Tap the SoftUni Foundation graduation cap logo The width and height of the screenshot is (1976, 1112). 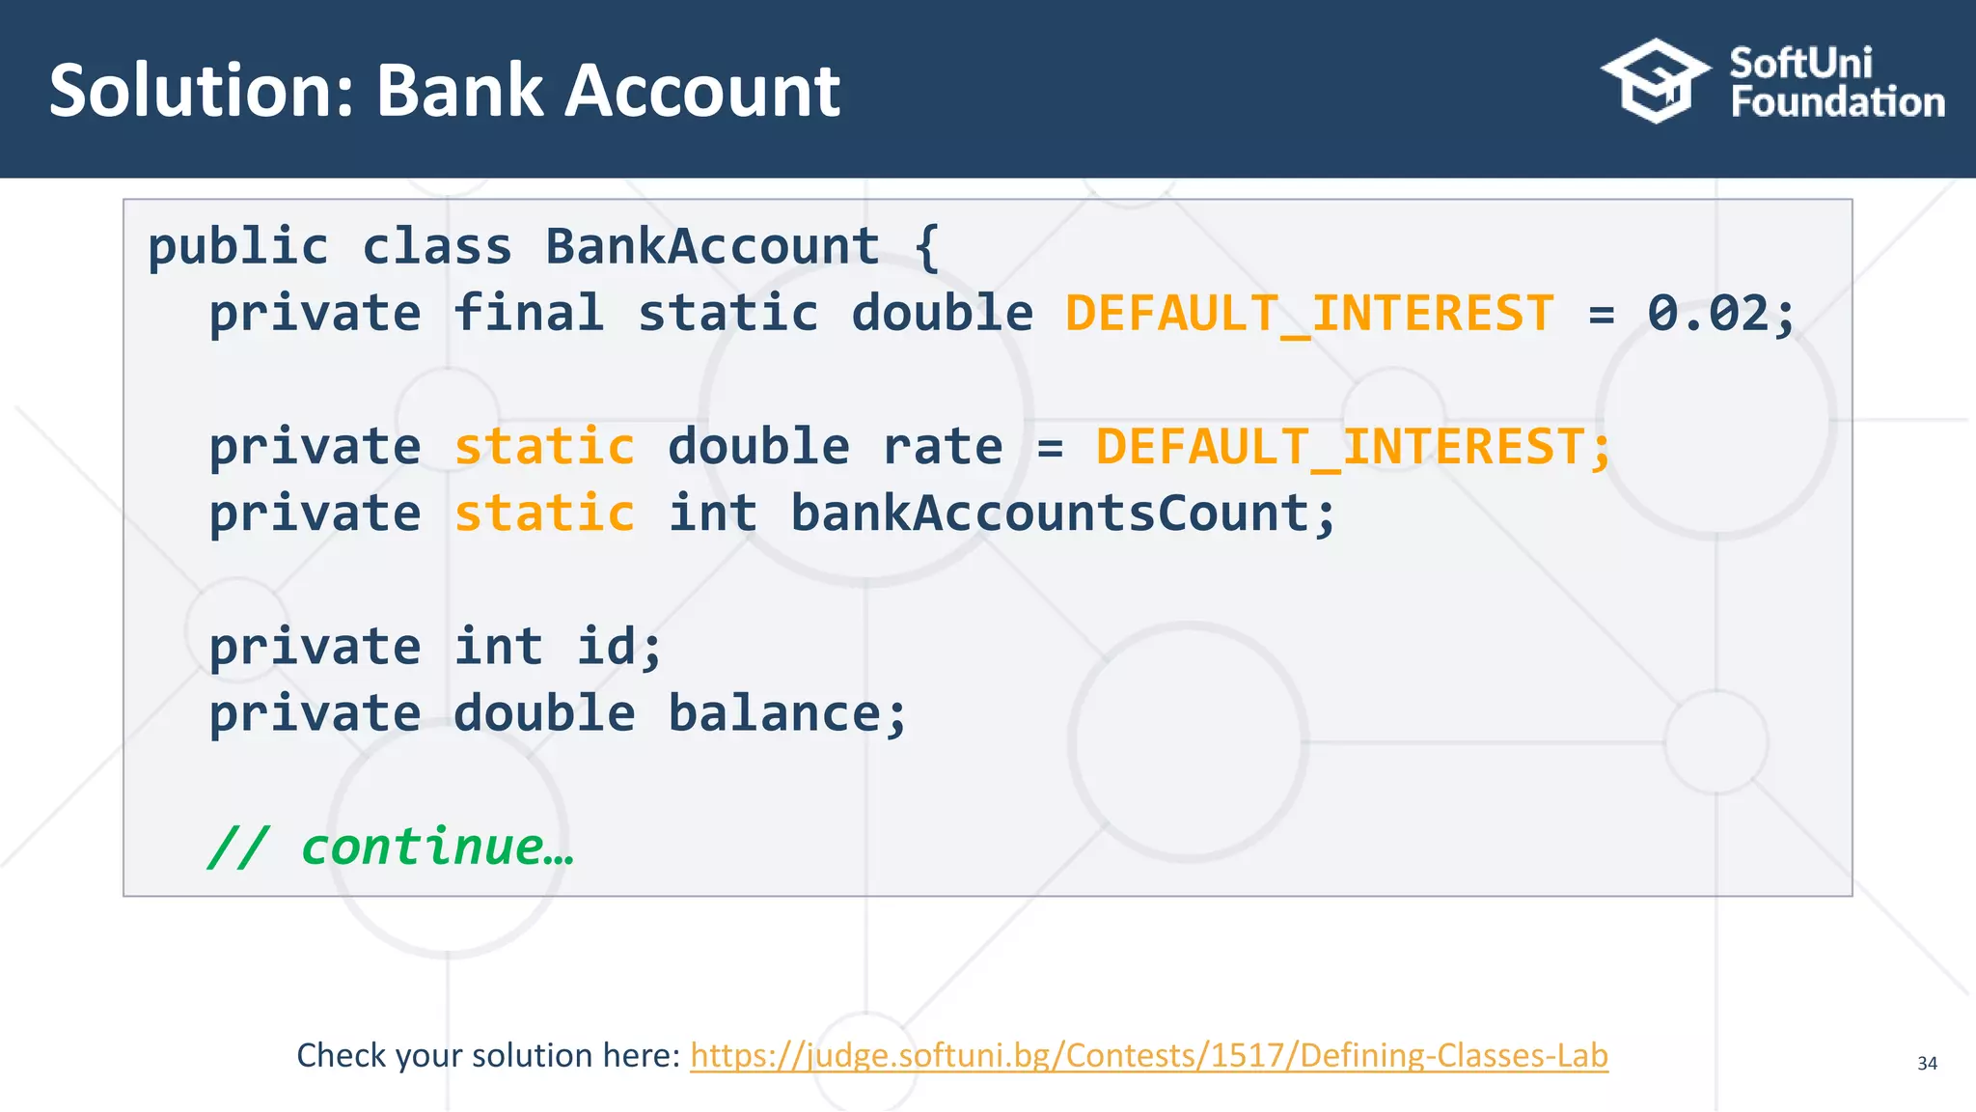[1656, 81]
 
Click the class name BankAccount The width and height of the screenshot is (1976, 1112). [712, 246]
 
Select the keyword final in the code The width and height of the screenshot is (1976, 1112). [529, 313]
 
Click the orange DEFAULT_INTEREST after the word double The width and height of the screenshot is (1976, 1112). [1309, 313]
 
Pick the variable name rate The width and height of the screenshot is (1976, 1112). [943, 447]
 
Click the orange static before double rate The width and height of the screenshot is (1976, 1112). [544, 447]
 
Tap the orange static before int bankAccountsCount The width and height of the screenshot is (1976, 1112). [544, 514]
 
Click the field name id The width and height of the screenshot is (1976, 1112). [606, 647]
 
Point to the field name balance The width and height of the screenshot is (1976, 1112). [774, 714]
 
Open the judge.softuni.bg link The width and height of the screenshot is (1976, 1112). [1148, 1055]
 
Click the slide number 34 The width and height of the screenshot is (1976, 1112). [1927, 1063]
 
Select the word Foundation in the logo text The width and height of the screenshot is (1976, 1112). [1837, 102]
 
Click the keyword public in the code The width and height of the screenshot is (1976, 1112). [238, 246]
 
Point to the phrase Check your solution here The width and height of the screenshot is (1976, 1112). [488, 1055]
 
